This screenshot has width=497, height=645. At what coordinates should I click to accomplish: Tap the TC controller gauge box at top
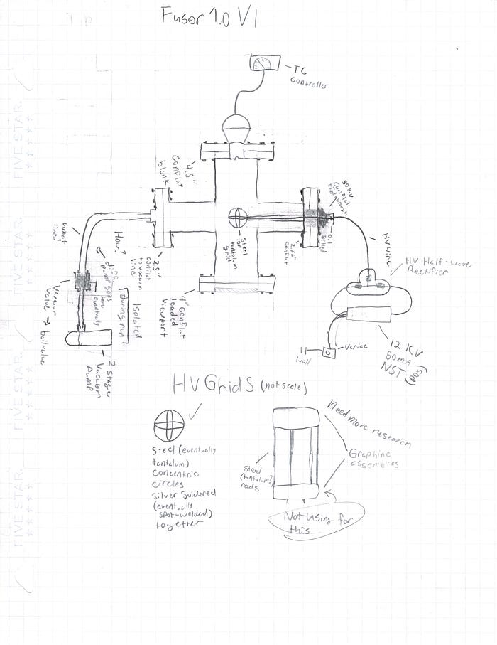coord(266,64)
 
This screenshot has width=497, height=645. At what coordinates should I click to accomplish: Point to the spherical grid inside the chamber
coord(237,217)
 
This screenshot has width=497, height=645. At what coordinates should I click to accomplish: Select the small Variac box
coord(328,352)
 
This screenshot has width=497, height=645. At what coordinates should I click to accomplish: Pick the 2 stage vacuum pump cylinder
coord(89,339)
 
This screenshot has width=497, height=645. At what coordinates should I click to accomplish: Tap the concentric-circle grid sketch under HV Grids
coord(169,427)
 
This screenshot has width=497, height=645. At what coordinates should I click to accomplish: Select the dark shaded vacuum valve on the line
coord(84,283)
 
